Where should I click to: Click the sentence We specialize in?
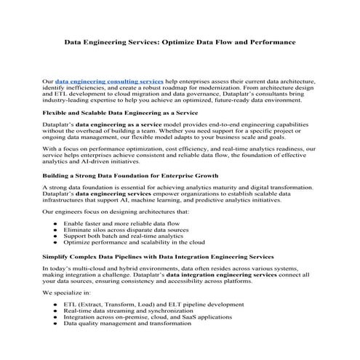point(66,292)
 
